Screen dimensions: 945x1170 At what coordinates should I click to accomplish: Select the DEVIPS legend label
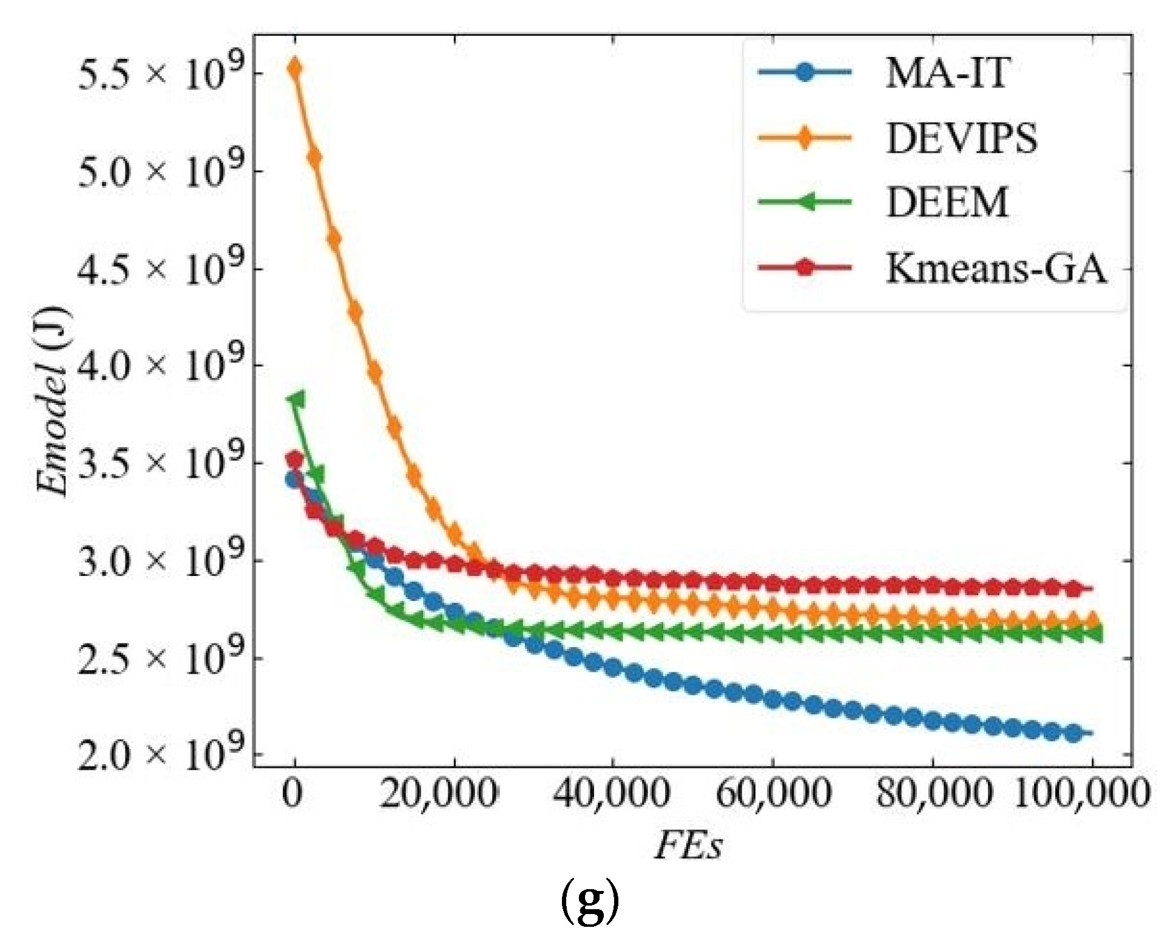[x=962, y=138]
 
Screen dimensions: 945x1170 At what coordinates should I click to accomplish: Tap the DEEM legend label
[x=947, y=202]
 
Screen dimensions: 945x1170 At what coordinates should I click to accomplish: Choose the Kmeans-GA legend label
[x=996, y=268]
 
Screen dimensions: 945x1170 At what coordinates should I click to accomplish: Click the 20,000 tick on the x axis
[x=439, y=793]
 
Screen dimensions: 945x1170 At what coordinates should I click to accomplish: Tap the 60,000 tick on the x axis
[x=773, y=793]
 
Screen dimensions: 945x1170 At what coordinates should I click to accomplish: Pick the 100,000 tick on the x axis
[x=1082, y=793]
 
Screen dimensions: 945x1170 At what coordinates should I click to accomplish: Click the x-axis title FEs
[x=689, y=845]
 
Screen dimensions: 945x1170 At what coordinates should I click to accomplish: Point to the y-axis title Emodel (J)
[x=53, y=401]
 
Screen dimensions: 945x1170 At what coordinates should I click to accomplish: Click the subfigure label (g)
[x=589, y=903]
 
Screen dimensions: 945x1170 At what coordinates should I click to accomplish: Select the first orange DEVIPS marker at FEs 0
[x=295, y=68]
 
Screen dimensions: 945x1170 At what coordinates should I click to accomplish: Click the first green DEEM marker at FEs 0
[x=297, y=399]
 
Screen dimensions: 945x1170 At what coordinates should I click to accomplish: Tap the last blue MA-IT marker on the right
[x=1074, y=733]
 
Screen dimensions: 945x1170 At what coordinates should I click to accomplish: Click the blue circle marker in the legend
[x=805, y=73]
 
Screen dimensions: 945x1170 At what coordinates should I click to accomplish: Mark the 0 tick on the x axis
[x=293, y=793]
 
